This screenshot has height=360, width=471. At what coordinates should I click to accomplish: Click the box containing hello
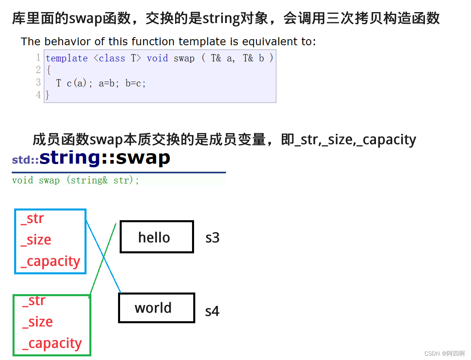click(x=156, y=237)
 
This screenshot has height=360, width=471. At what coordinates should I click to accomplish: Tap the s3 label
click(x=212, y=238)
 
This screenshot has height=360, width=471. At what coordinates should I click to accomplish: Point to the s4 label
click(x=212, y=311)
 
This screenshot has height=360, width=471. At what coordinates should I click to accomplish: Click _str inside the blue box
click(x=32, y=219)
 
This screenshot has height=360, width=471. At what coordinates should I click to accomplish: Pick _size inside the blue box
click(x=36, y=240)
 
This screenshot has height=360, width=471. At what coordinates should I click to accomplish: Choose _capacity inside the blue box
click(x=51, y=261)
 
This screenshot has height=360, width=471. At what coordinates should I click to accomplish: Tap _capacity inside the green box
click(x=52, y=343)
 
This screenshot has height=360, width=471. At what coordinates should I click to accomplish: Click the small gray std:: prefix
click(x=25, y=160)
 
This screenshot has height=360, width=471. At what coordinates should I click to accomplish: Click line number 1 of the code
click(x=38, y=57)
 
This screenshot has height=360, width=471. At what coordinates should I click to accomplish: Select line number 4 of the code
click(x=38, y=95)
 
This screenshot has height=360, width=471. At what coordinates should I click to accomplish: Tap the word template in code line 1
click(x=67, y=58)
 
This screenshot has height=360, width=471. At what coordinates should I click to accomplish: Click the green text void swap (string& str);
click(x=76, y=180)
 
